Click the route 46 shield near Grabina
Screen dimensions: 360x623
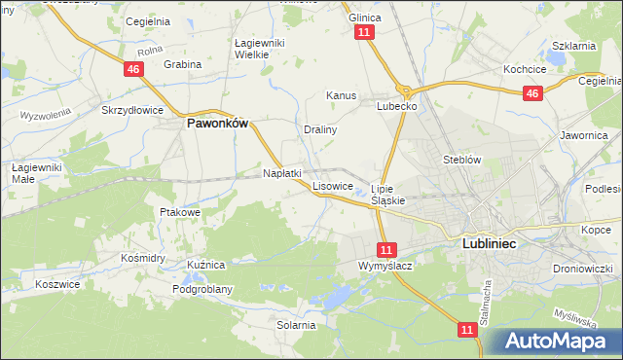click(134, 70)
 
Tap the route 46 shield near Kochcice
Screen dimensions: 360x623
click(531, 93)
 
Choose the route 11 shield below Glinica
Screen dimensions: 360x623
click(364, 32)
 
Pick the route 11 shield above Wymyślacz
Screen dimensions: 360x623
click(387, 249)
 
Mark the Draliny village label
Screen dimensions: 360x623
click(319, 128)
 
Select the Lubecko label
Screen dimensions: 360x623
click(397, 107)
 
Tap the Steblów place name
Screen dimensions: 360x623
click(461, 159)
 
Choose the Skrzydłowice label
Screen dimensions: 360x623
click(132, 111)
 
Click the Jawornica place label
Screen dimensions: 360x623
click(585, 136)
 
